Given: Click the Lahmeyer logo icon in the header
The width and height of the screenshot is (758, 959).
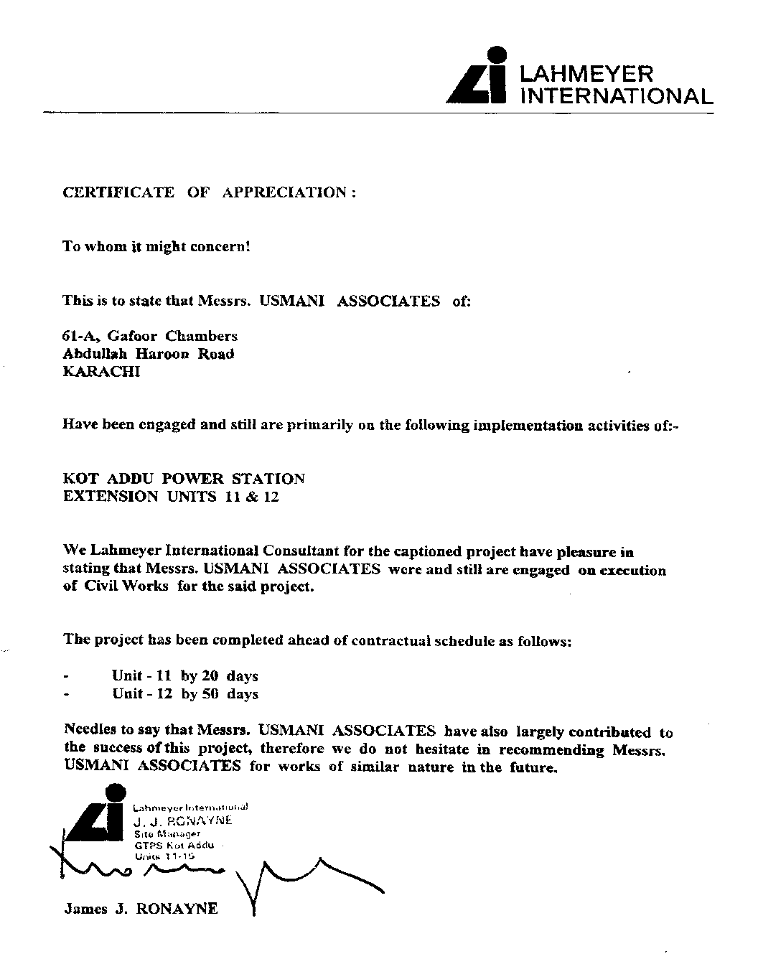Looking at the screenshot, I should pos(477,77).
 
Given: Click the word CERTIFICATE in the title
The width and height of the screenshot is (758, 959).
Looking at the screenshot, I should pos(118,192).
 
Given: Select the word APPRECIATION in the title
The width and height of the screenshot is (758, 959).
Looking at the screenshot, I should pos(285,192).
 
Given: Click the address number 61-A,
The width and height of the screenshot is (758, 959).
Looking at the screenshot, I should pos(82,336).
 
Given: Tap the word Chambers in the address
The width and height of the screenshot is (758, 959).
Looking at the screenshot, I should pos(202,336).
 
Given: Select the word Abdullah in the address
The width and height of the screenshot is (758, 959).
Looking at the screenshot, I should pos(93,354).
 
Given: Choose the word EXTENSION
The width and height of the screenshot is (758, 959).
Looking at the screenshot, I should pos(111,497).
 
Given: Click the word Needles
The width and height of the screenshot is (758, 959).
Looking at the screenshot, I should pos(90,730).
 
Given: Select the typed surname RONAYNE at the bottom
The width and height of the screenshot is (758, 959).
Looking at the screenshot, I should pos(177,909).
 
